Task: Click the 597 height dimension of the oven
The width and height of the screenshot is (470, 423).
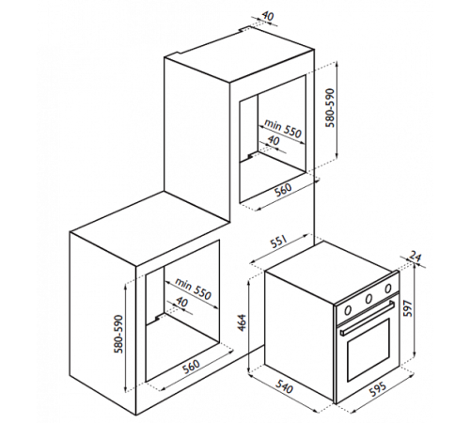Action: (407, 308)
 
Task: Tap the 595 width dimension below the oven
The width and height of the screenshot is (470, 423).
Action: (377, 388)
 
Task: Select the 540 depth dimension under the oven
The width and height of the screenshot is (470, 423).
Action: (285, 386)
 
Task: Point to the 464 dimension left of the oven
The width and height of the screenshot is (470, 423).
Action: (242, 322)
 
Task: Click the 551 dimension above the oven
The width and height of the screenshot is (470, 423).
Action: (279, 242)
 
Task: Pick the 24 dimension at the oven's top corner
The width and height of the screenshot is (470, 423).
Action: (415, 258)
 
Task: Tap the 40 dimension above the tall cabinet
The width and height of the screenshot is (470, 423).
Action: (267, 16)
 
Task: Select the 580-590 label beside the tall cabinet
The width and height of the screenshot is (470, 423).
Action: (330, 108)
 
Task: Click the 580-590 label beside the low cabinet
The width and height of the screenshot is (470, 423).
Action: (119, 334)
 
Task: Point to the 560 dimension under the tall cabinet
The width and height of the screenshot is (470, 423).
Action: (283, 189)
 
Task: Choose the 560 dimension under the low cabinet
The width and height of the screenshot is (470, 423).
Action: (191, 366)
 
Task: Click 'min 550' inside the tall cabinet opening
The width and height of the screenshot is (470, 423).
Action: (283, 128)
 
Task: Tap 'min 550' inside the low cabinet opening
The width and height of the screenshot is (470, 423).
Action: (194, 289)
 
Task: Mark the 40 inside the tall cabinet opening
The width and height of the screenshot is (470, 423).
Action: (274, 140)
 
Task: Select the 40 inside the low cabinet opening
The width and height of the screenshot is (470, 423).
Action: (181, 302)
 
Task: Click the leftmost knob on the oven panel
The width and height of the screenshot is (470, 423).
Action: (348, 310)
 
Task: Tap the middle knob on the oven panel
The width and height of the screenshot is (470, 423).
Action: (369, 299)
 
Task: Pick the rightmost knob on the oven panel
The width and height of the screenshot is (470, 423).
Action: (388, 288)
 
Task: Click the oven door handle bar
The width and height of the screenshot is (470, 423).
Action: (368, 318)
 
